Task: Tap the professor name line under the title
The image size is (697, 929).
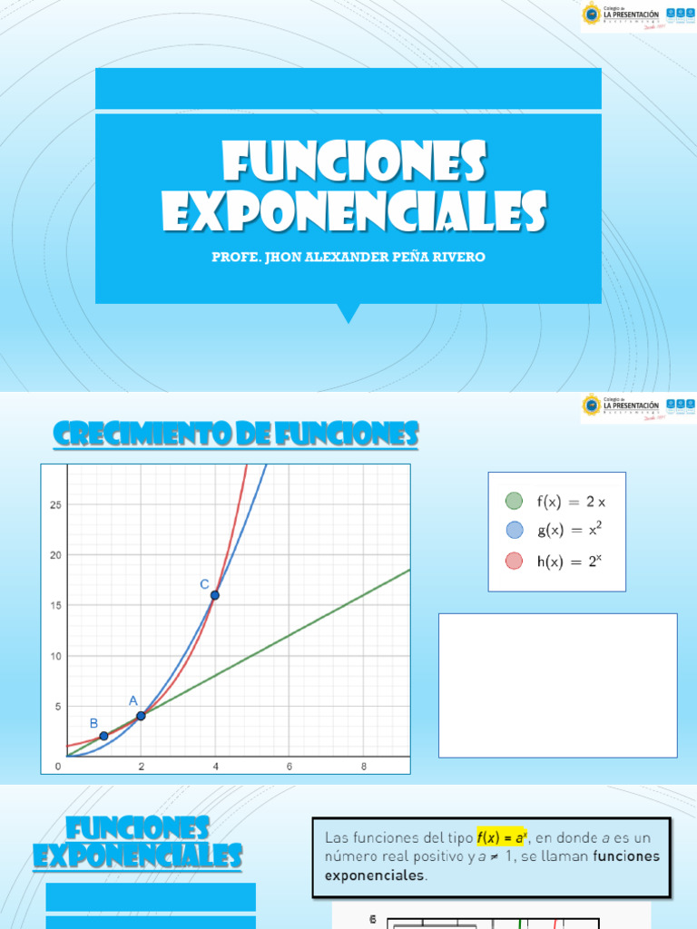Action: click(348, 257)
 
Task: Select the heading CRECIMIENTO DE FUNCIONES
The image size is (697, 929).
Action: click(236, 435)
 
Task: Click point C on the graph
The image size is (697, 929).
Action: click(215, 595)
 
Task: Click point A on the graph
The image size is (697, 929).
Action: click(141, 716)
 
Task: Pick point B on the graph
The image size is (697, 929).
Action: click(103, 736)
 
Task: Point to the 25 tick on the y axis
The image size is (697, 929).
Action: click(55, 504)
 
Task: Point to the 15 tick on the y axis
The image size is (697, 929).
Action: click(55, 605)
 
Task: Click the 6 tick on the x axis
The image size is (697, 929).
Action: click(289, 767)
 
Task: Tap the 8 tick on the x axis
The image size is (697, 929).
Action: click(364, 767)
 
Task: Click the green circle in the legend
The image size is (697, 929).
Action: click(515, 501)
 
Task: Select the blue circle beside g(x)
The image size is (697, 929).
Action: click(515, 531)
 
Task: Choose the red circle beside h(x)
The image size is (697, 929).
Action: click(515, 561)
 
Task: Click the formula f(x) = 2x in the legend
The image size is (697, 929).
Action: click(570, 501)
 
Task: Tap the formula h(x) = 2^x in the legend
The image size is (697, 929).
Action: click(569, 561)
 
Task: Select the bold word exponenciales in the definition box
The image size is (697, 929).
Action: click(374, 875)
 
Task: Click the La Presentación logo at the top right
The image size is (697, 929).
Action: click(638, 15)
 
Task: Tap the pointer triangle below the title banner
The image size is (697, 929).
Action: click(348, 313)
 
